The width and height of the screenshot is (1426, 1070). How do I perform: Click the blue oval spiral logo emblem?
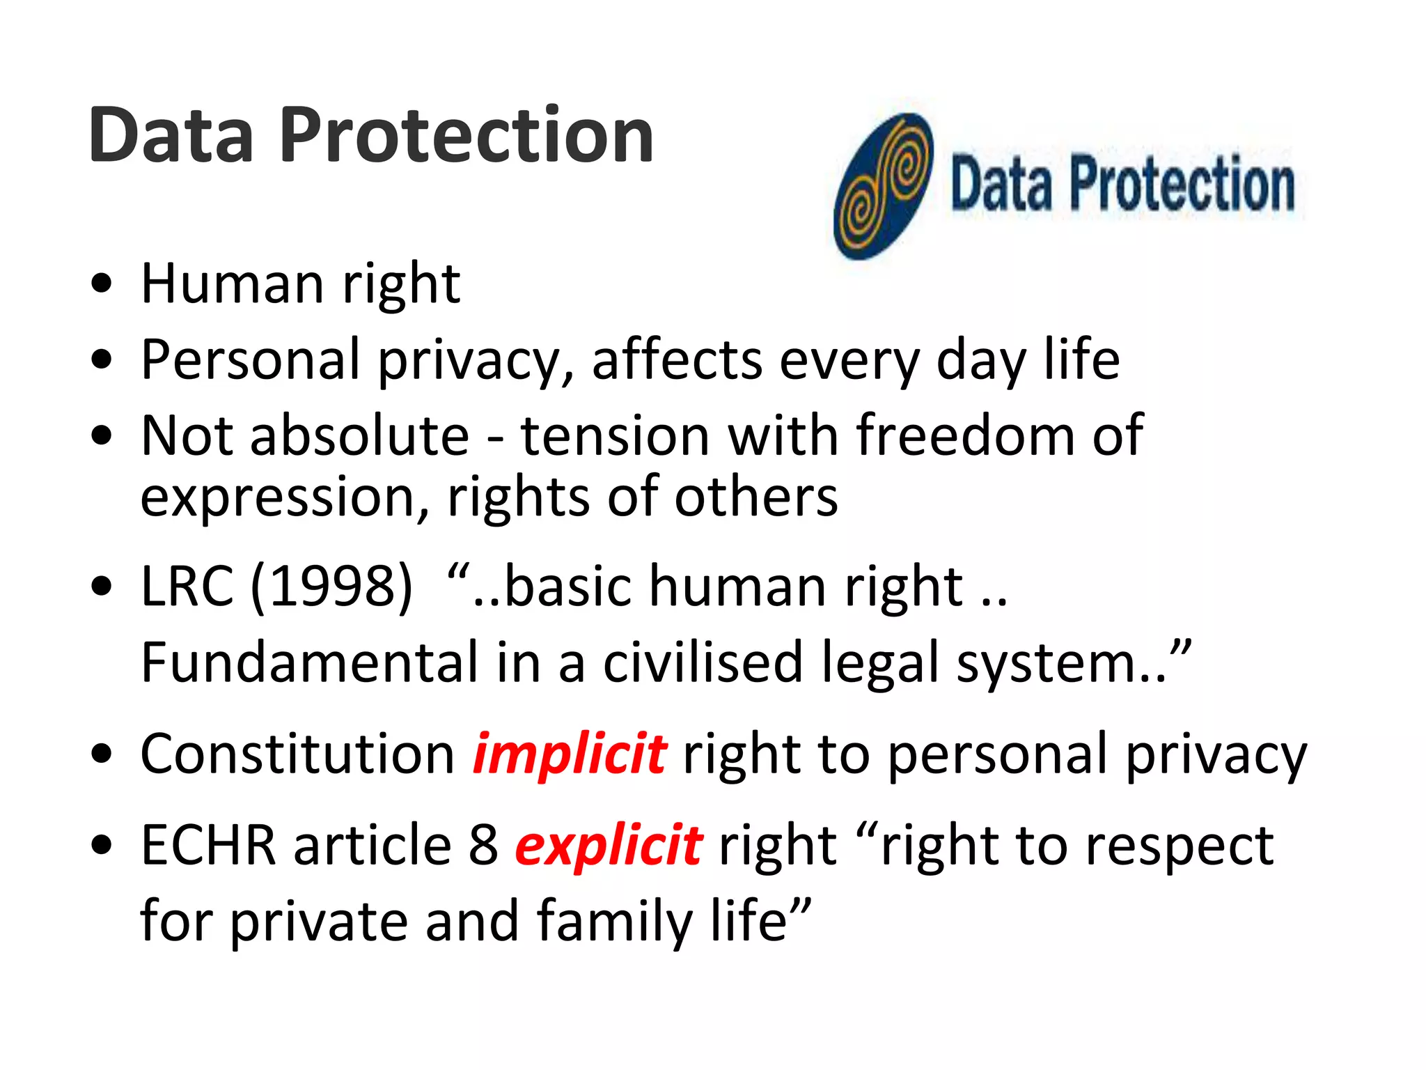(883, 186)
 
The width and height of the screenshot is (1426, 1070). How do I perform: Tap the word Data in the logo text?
(1001, 184)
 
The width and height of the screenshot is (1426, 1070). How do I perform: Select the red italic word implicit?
(569, 754)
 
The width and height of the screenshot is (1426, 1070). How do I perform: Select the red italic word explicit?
(609, 845)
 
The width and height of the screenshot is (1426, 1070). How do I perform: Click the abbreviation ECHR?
(208, 845)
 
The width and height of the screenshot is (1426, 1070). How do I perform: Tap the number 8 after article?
(483, 845)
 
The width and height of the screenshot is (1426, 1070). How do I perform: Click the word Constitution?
(297, 754)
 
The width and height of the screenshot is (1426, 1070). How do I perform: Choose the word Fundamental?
(309, 662)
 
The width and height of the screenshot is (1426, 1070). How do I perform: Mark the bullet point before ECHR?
(102, 845)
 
